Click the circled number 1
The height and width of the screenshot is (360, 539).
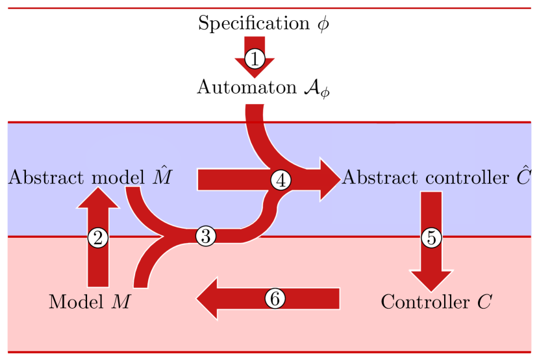pos(255,59)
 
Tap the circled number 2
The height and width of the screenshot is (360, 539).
pos(98,238)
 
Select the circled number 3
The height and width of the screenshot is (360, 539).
pos(205,237)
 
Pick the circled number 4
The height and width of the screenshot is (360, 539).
pos(281,180)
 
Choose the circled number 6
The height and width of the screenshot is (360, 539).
pos(275,298)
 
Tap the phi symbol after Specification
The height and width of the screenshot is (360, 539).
pos(323,25)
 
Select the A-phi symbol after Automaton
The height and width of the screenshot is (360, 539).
pos(317,88)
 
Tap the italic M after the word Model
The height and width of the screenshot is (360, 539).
pos(120,302)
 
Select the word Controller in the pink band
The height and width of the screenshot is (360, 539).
pos(423,302)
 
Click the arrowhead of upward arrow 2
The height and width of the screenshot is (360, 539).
pos(98,199)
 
